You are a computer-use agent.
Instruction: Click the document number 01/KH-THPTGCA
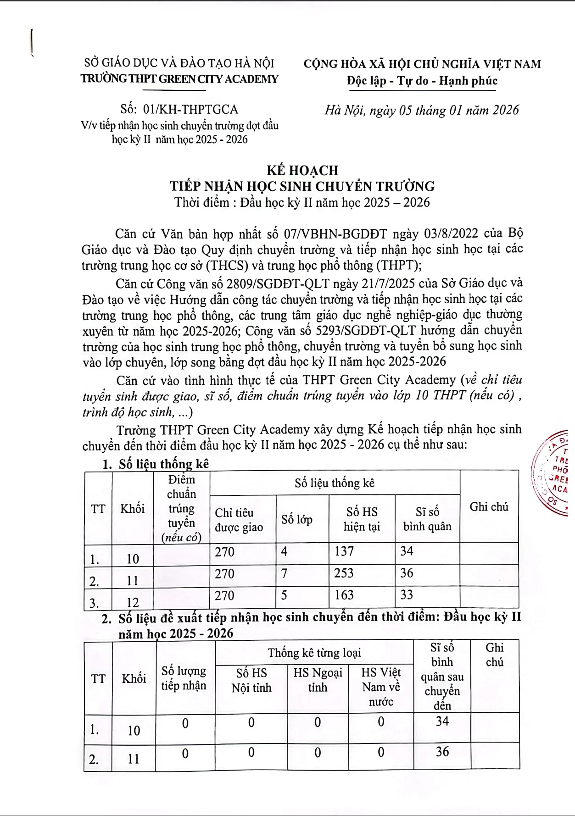(190, 110)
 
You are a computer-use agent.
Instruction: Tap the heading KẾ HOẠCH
(302, 171)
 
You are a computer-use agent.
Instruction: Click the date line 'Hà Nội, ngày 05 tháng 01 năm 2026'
(422, 111)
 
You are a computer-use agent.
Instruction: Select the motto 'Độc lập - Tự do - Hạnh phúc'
(422, 81)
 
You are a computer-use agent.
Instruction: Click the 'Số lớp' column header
(297, 520)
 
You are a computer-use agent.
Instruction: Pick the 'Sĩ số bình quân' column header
(427, 519)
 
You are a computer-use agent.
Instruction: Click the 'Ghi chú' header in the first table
(489, 507)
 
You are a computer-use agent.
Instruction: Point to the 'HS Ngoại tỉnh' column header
(318, 680)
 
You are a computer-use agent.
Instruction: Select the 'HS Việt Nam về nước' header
(381, 687)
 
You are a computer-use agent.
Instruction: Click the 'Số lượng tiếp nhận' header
(184, 678)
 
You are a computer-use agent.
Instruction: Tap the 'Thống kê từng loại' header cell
(314, 653)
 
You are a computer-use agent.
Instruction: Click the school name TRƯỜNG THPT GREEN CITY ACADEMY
(179, 79)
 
